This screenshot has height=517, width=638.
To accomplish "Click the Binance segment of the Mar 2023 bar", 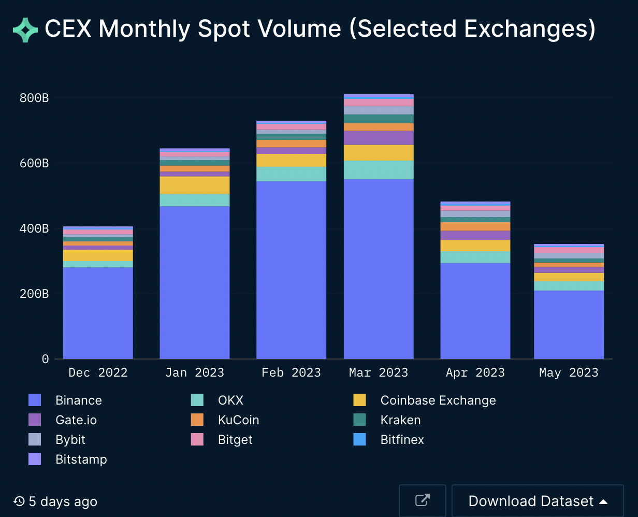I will point(379,269).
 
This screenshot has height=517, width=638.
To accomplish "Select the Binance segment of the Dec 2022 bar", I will point(98,313).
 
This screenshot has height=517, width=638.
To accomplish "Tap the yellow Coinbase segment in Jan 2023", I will point(195,185).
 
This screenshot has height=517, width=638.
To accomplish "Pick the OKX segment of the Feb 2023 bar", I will point(292,174).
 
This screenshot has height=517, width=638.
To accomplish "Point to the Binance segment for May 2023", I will point(569,324).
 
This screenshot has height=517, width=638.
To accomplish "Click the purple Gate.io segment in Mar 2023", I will point(379,138).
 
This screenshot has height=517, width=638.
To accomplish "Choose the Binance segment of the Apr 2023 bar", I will point(475,311).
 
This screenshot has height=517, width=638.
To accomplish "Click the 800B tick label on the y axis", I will point(34,98).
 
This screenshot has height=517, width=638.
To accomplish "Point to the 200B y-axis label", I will point(34,294).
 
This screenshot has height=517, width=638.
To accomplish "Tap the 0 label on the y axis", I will point(45,359).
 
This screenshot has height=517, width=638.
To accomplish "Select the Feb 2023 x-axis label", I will point(292,372).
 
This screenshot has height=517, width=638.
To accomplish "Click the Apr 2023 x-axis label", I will point(475,372).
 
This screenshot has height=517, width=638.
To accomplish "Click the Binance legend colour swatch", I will point(35,400).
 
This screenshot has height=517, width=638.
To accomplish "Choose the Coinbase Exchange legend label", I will point(438,400).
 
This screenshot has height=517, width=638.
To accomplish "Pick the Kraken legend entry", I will point(400,420).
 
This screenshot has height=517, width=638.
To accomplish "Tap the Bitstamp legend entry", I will point(81,459).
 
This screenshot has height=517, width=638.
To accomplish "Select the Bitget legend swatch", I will point(197,440).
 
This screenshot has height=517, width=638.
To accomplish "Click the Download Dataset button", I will point(538,501).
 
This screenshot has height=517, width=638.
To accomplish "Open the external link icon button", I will point(423,500).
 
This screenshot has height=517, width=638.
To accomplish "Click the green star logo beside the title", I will point(25,30).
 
